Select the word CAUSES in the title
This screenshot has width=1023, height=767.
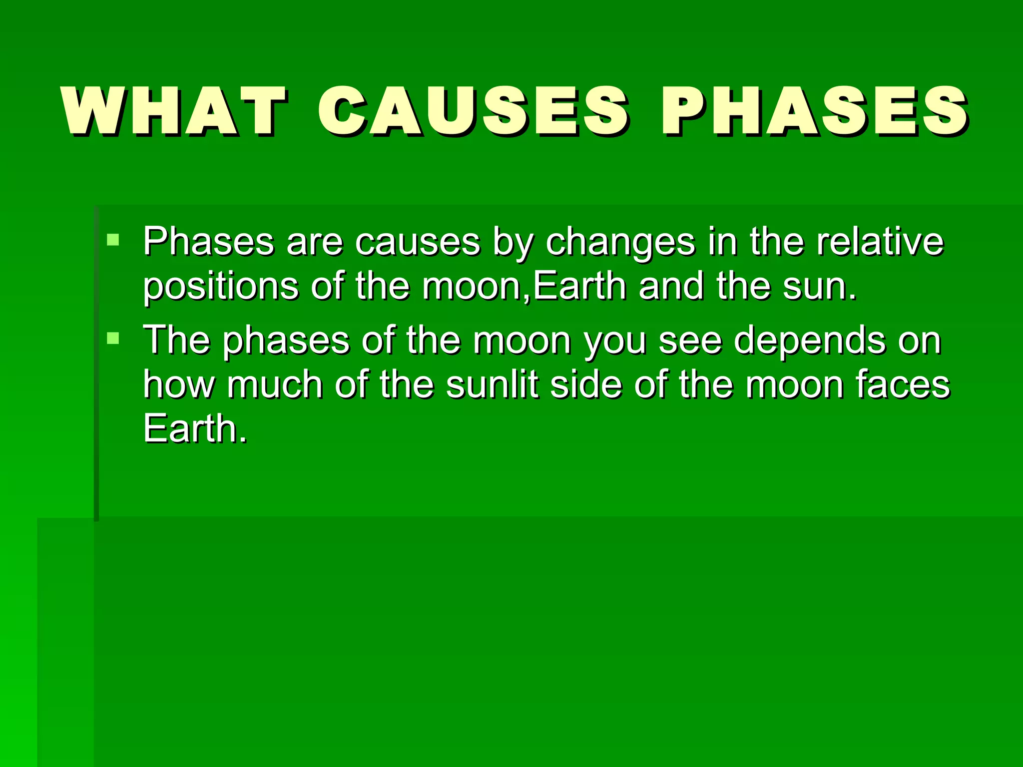point(473,111)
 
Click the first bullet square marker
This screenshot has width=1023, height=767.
point(113,240)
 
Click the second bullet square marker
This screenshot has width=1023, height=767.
point(113,339)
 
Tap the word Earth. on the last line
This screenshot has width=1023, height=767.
point(195,428)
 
